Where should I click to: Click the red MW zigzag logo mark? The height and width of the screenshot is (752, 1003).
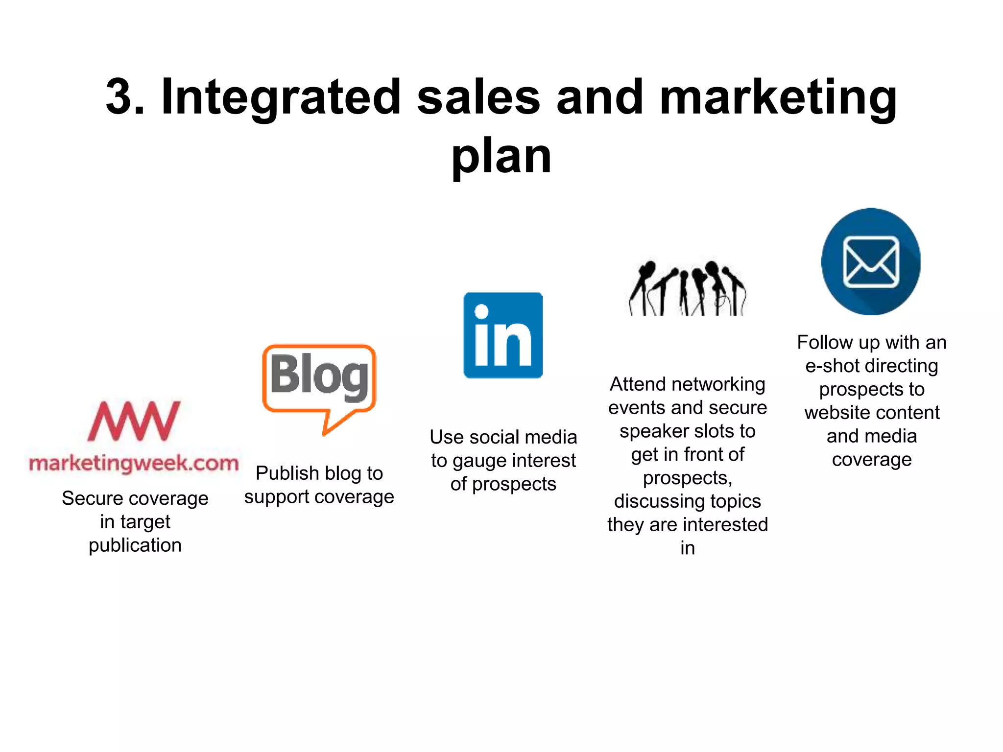[x=134, y=421]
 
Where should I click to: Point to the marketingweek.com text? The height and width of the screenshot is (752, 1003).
[x=134, y=463]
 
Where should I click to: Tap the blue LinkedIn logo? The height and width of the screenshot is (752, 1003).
[x=503, y=335]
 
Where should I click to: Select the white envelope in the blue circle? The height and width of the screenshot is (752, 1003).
[x=871, y=262]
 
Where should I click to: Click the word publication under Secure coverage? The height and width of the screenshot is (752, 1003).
[x=135, y=545]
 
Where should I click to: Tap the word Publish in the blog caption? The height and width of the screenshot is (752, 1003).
[x=287, y=473]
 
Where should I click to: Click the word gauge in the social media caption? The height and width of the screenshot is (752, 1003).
[x=479, y=461]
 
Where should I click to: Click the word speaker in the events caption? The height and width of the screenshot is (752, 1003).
[x=654, y=431]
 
